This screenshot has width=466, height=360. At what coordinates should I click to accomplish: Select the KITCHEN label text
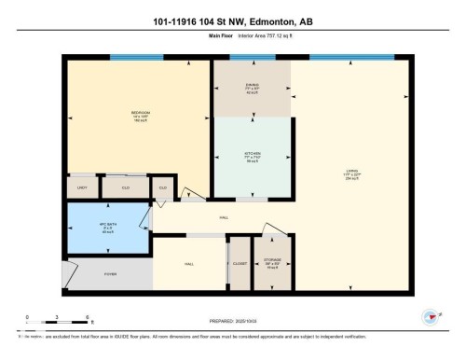pos(252,155)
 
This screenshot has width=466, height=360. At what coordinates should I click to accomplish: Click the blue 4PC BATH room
pos(106,228)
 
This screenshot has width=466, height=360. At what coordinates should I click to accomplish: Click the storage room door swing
pos(271,229)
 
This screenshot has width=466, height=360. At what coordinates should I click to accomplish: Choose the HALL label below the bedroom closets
pos(224,216)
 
